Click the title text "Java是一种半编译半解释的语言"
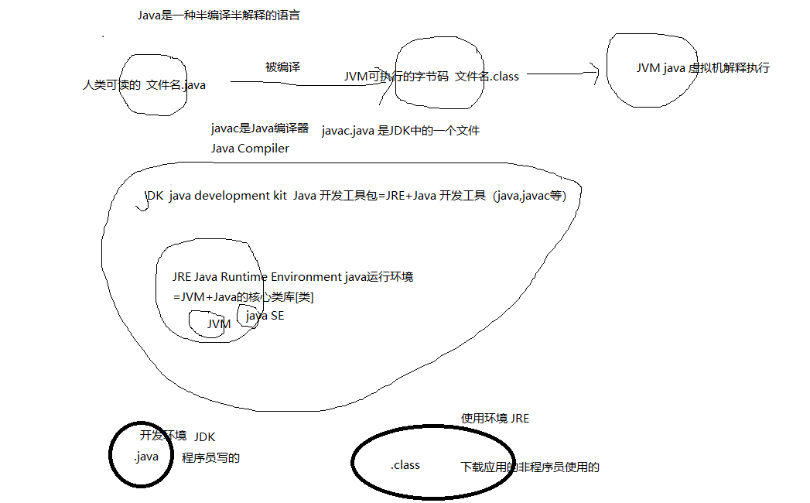pos(218,15)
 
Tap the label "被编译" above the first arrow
pos(282,67)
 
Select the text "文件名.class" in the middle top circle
pos(487,76)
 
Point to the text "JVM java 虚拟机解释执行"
pos(702,67)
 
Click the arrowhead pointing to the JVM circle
pos(596,74)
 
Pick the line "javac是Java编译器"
pos(260,129)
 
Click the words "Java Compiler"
pos(250,148)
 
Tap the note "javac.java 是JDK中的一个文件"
pos(401,130)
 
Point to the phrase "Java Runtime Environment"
pos(268,276)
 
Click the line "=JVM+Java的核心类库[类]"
pos(244,296)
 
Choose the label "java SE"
pos(265,315)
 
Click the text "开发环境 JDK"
pos(177,436)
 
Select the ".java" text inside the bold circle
pos(145,457)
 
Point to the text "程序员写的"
pos(210,458)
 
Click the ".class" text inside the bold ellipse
pos(405,464)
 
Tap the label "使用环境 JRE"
pos(495,419)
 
